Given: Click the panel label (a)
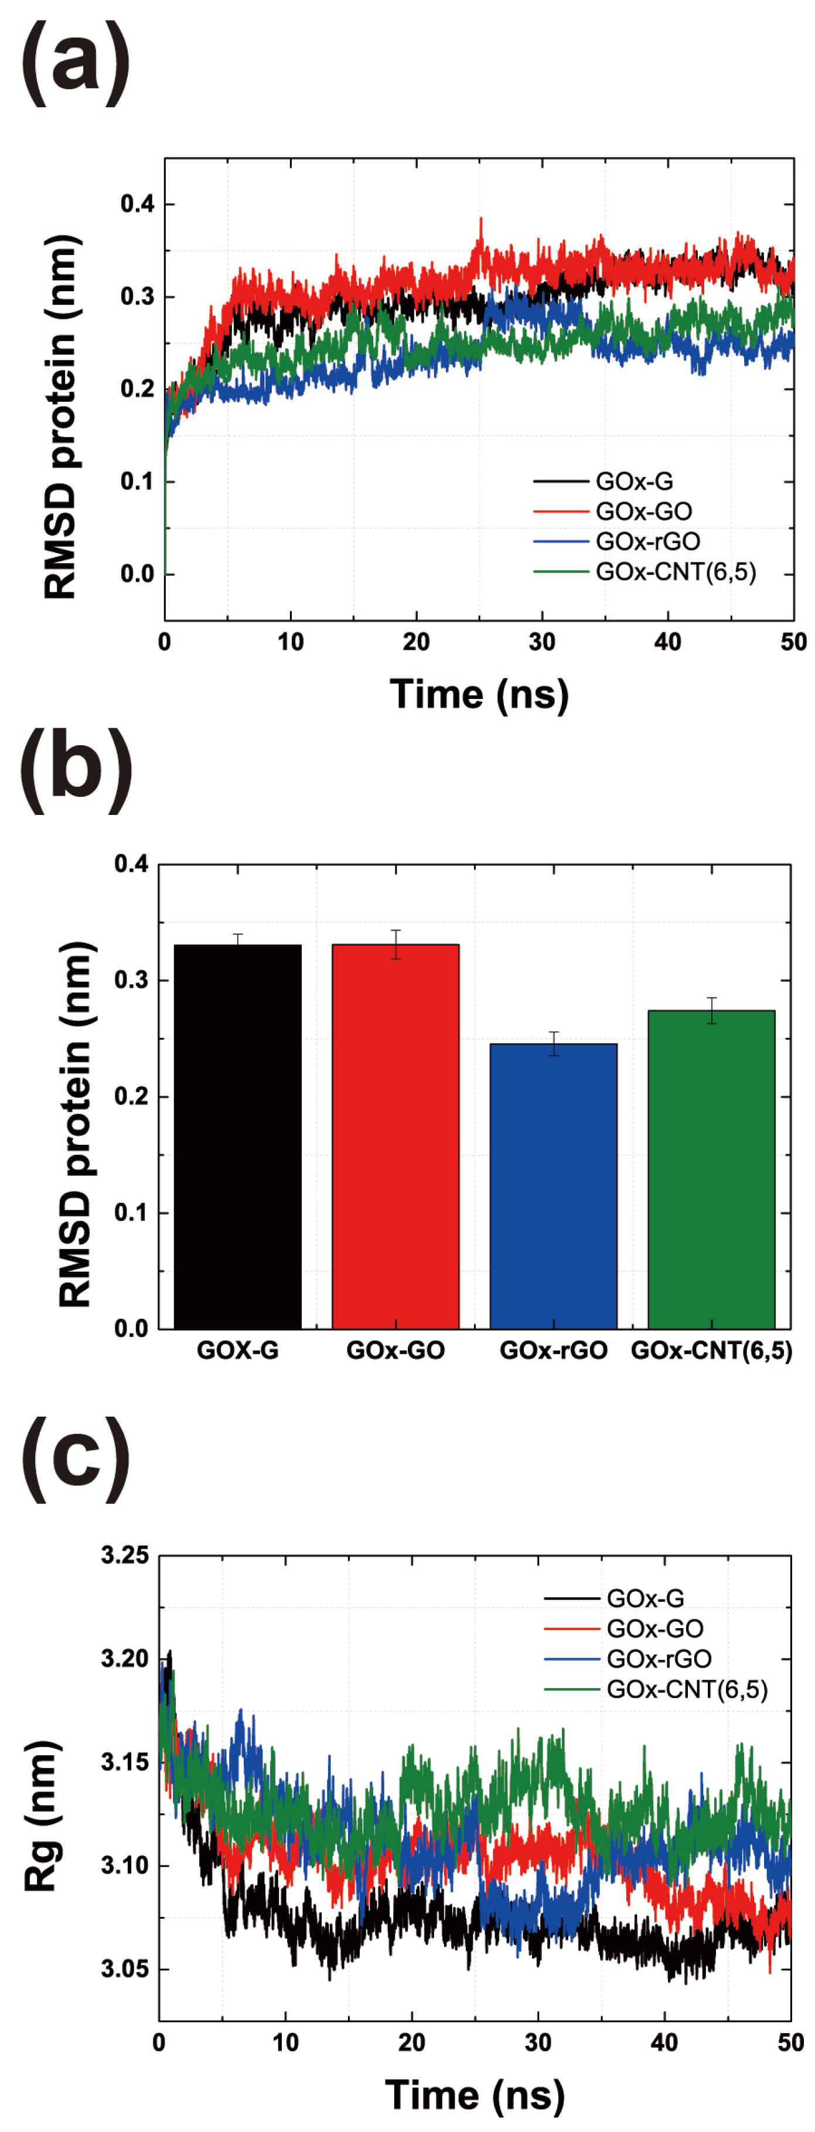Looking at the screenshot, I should click(76, 62).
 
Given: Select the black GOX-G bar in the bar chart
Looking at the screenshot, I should click(237, 1142).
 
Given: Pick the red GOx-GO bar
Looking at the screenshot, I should click(395, 1142).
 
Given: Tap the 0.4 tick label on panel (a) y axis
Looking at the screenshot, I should click(137, 204).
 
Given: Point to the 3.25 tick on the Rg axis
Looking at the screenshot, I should click(125, 1556).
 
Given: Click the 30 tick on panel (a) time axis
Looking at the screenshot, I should click(541, 642).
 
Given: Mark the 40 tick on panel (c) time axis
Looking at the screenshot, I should click(664, 2042).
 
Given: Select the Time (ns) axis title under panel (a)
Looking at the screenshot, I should click(479, 694).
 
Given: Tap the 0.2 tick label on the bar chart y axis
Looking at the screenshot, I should click(131, 1097).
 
